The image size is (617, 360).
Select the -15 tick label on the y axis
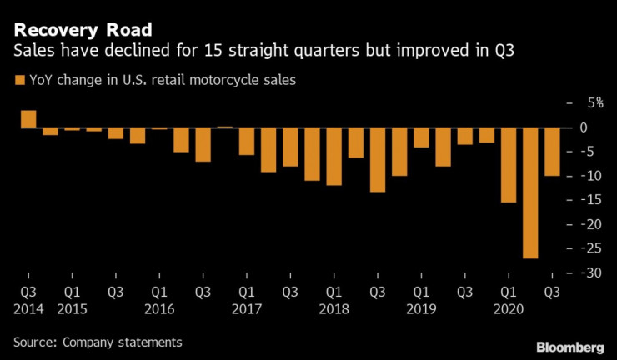point(588,201)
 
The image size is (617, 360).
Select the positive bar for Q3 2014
point(28,119)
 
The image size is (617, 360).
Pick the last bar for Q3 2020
point(552,152)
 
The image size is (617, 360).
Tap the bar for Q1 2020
point(508,165)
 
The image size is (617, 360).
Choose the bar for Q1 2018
point(334,157)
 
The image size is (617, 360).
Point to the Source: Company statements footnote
point(97,342)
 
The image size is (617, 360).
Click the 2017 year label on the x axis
point(248,307)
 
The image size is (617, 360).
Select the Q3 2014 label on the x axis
point(28,300)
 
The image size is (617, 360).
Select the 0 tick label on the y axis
point(584,127)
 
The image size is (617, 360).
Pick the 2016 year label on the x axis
point(160,307)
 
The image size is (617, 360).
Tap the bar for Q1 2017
point(247,142)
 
